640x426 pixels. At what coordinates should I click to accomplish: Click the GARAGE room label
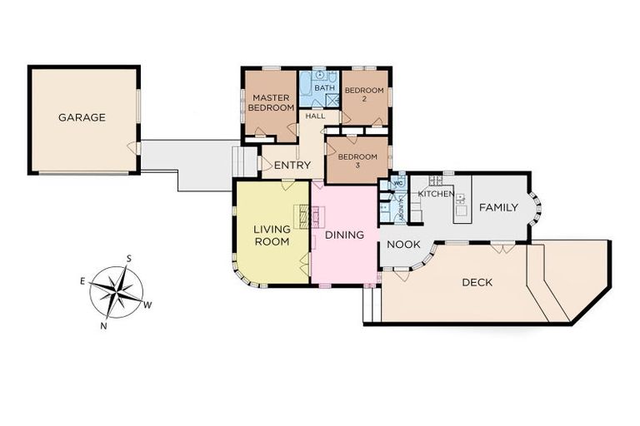[x=82, y=117]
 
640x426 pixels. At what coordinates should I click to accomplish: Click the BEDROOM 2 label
[x=364, y=94]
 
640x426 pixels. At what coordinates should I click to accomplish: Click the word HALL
[x=315, y=116]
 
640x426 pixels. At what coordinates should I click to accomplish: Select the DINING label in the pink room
[x=344, y=235]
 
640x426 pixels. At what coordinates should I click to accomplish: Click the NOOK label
[x=403, y=245]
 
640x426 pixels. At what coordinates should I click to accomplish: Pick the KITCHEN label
[x=436, y=194]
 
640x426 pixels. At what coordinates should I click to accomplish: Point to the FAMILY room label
[x=498, y=207]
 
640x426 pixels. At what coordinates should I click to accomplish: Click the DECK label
[x=477, y=282]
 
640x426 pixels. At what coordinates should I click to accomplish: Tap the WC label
[x=397, y=184]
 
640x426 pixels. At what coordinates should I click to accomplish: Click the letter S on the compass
[x=127, y=258]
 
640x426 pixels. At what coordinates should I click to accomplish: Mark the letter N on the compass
[x=103, y=325]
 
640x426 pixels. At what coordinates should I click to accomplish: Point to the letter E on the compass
[x=82, y=281]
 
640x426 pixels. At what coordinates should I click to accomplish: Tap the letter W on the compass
[x=148, y=305]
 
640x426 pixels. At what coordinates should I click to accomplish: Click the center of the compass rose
[x=116, y=292]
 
